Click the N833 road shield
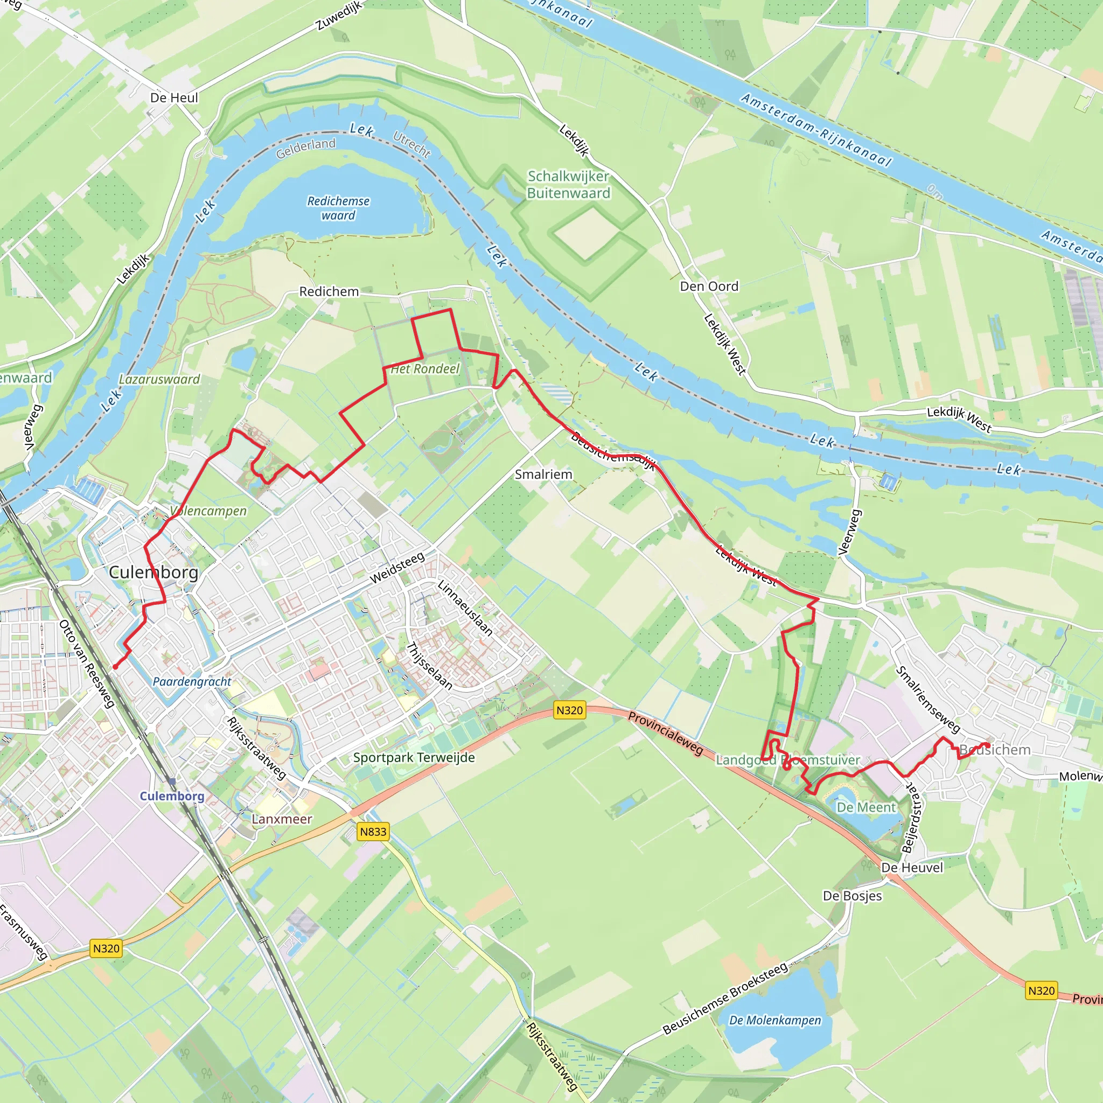coord(373,832)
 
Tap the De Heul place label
coord(174,97)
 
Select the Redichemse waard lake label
coord(338,208)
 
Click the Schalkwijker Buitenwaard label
coord(568,184)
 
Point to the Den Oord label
coord(709,286)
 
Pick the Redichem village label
coord(329,292)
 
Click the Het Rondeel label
coord(425,369)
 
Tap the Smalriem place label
coord(543,474)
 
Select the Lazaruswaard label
coord(159,379)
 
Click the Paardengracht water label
coord(192,682)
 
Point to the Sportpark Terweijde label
coord(414,758)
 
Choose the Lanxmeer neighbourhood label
coord(282,819)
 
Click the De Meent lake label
coord(866,807)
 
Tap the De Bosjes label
coord(853,896)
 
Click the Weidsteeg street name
coord(397,568)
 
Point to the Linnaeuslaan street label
coord(465,608)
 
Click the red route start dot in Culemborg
coord(115,666)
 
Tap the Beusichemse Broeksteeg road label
coord(725,999)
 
